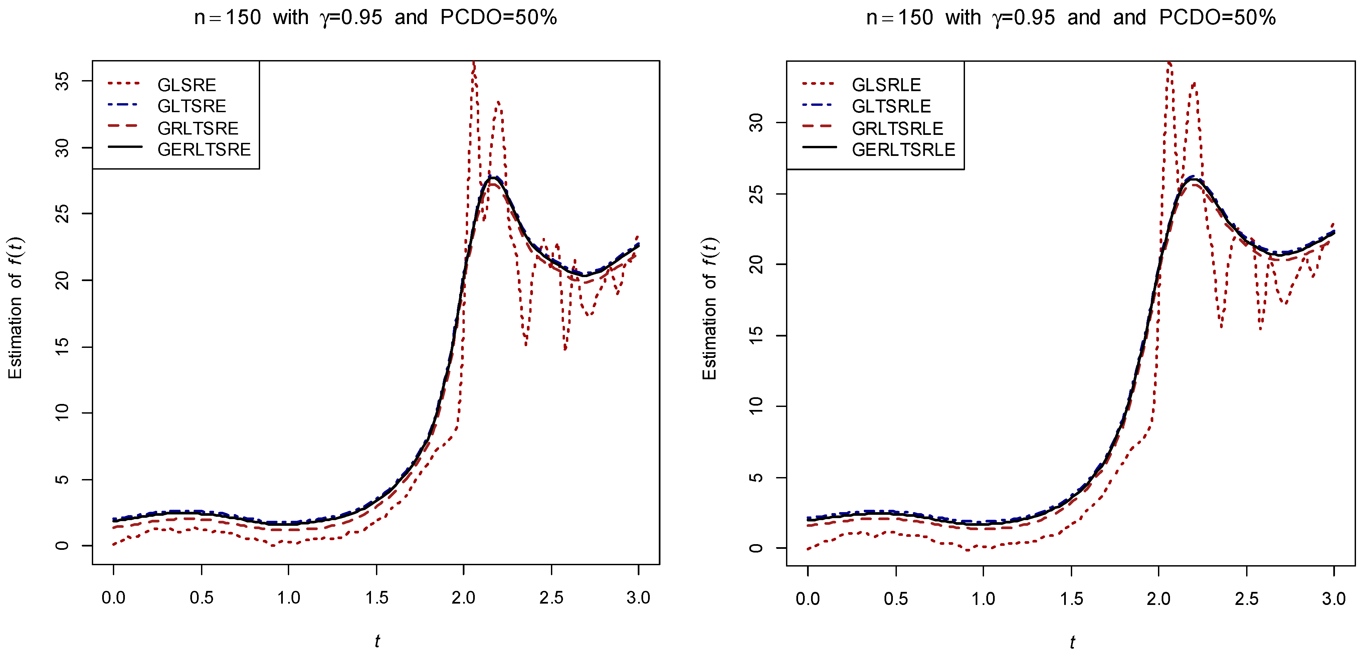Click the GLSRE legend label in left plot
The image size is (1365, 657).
click(x=187, y=85)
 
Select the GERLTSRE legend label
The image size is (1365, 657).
click(x=204, y=150)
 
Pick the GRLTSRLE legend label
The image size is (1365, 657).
click(x=897, y=128)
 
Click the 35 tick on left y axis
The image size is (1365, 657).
click(x=62, y=81)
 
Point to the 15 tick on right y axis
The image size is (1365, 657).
click(x=757, y=336)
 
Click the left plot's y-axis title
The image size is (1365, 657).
click(x=15, y=308)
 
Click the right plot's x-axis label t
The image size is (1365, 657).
click(x=1071, y=642)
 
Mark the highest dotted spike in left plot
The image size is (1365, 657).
click(x=474, y=65)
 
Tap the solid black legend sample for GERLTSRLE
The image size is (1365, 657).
click(x=819, y=147)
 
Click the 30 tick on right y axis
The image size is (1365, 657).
click(x=757, y=123)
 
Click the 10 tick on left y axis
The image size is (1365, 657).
click(x=62, y=412)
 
